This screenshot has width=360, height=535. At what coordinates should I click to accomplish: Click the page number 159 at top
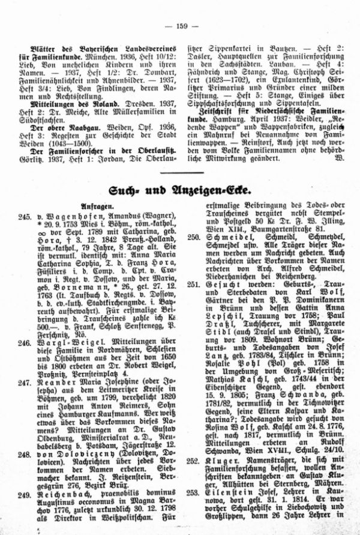pos(181,8)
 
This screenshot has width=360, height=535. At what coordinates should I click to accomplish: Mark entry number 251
pos(193,283)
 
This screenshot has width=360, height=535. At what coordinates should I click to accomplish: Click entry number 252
pos(193,462)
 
